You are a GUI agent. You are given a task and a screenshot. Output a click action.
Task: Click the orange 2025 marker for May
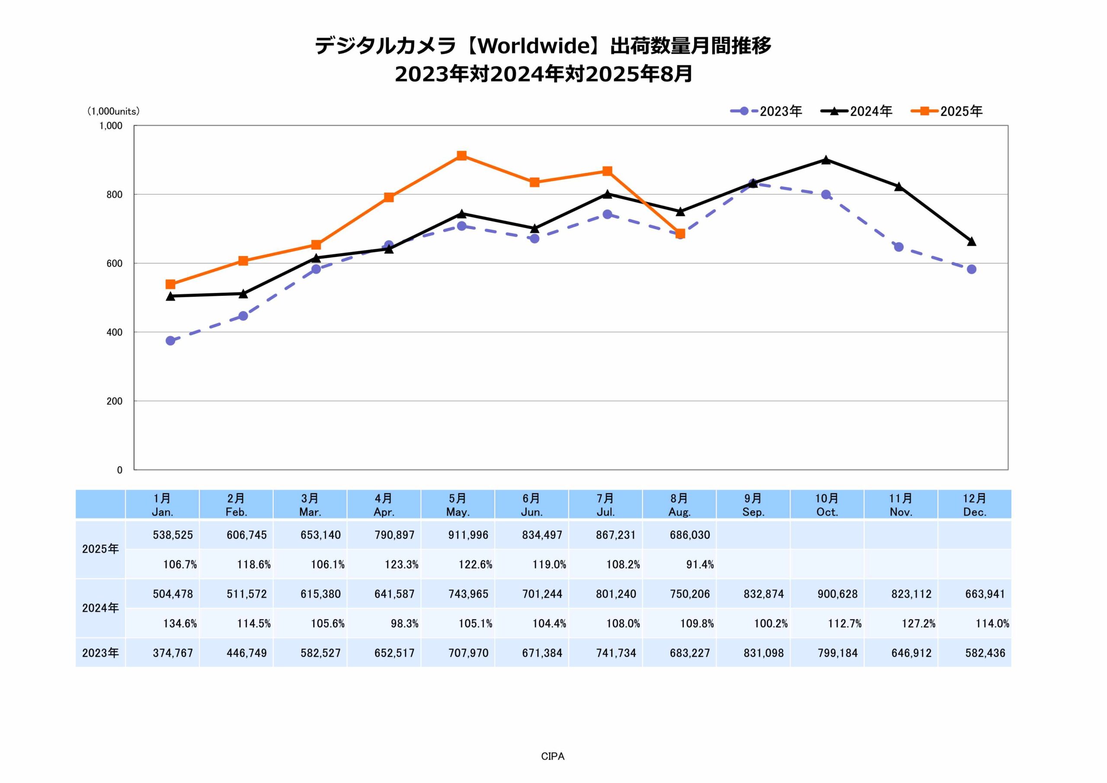coord(461,155)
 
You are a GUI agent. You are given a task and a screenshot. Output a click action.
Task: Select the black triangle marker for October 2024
coord(826,160)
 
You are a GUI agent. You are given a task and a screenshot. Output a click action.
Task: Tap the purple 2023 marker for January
coord(170,340)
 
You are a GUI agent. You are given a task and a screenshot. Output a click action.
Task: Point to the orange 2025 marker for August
coord(680,234)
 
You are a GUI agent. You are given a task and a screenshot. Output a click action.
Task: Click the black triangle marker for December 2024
coord(972,241)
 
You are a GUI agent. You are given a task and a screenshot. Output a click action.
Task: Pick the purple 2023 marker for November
coord(899,247)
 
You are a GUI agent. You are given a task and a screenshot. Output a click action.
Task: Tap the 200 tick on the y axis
coord(114,401)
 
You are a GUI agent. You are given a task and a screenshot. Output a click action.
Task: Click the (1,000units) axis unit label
coord(113,112)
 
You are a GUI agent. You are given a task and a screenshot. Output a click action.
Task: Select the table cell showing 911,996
coord(468,535)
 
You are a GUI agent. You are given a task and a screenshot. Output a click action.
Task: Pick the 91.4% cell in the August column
coord(700,565)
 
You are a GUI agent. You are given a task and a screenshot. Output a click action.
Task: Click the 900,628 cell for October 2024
coord(838,594)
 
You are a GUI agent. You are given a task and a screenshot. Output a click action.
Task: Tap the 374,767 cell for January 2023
coord(173,653)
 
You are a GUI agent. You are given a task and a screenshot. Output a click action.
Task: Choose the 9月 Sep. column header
coord(753,505)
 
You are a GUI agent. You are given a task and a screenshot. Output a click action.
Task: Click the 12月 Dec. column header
coord(974,505)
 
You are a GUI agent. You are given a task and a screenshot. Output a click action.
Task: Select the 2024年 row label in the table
coord(100,608)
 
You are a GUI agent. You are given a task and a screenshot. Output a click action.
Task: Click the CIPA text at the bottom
coord(553,757)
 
